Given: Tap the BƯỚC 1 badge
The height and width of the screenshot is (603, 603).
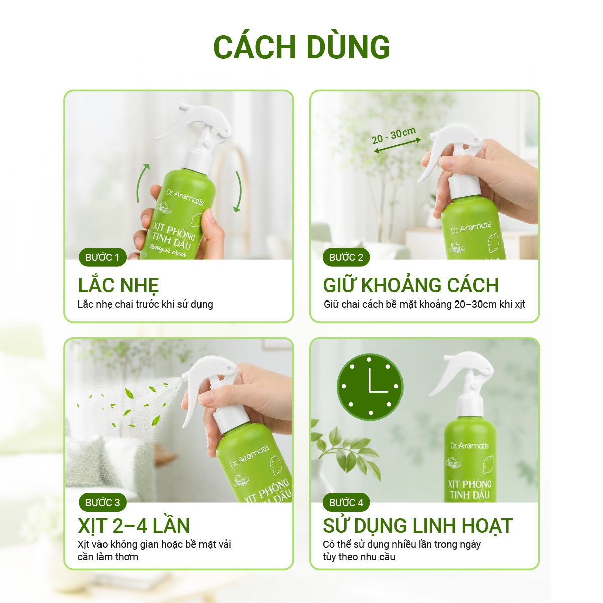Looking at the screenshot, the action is tap(103, 257).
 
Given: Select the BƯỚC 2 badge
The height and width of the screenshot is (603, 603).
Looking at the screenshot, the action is tap(346, 257).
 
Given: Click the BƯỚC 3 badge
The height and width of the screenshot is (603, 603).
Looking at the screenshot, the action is tap(103, 502).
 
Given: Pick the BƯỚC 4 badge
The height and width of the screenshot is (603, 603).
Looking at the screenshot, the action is tap(346, 502).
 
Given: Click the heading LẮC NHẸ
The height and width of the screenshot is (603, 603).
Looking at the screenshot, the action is tap(119, 285).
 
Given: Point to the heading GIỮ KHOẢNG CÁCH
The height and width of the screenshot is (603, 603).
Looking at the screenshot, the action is tap(411, 285).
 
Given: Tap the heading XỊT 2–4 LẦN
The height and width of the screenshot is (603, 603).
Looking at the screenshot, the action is tap(134, 526).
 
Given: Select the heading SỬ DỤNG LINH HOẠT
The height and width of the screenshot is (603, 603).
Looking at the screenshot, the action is tap(418, 526).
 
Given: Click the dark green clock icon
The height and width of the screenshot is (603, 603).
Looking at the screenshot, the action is tap(370, 387).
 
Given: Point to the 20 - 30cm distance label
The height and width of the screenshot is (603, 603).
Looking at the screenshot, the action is tap(393, 135).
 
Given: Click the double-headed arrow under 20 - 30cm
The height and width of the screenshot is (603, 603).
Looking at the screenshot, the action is tap(397, 146).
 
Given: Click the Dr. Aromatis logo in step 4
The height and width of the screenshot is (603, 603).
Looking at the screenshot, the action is tap(469, 445).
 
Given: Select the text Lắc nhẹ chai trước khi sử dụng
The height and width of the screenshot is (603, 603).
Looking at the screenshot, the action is tap(145, 304).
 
